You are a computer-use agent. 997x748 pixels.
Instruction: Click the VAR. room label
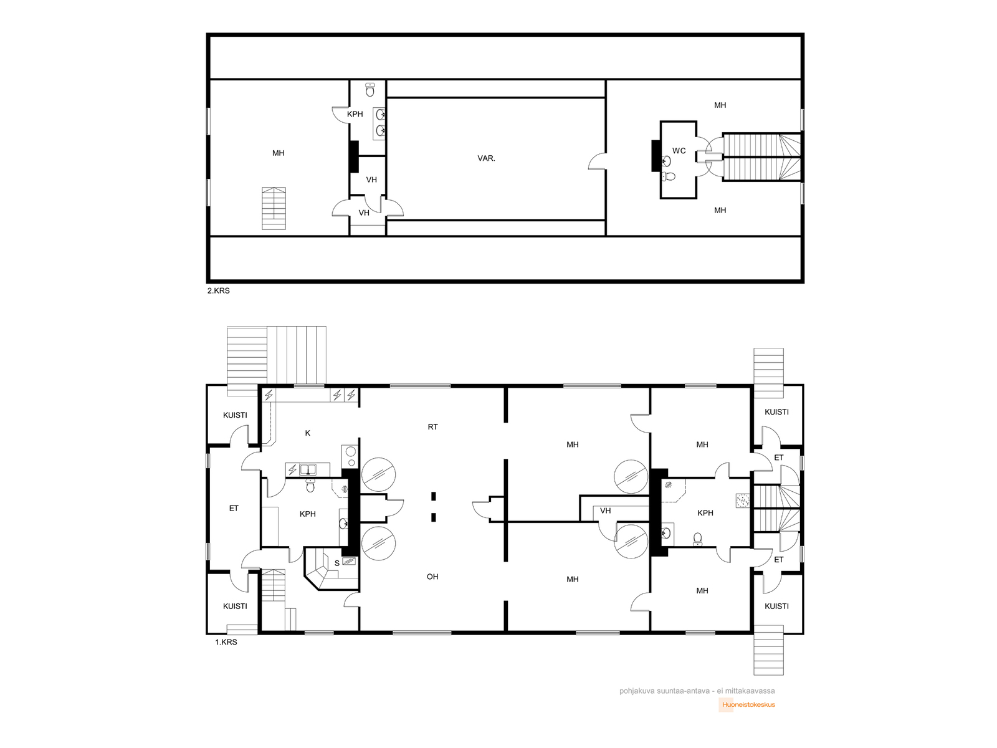(486, 158)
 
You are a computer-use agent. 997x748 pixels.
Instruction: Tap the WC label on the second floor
(679, 151)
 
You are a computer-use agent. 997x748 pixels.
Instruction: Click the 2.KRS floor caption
(219, 290)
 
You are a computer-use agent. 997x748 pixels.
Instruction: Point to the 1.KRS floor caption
(226, 642)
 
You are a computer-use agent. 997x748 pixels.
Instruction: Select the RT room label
(432, 427)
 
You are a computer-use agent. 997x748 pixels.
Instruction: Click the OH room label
(432, 577)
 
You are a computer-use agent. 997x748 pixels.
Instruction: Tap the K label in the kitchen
(307, 433)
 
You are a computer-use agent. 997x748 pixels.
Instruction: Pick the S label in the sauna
(337, 563)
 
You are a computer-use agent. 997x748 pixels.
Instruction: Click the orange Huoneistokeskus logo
(747, 705)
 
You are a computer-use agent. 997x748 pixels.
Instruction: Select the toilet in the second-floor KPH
(370, 90)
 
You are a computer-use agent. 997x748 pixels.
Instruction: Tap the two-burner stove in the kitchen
(350, 456)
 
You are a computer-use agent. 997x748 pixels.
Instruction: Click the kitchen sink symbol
(308, 469)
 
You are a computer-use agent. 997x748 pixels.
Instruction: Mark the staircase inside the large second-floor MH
(274, 208)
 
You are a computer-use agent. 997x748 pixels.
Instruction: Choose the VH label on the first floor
(605, 511)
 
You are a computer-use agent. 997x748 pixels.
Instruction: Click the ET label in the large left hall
(234, 509)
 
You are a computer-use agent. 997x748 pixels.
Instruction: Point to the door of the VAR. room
(598, 161)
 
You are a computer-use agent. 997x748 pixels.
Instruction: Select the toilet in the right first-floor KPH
(698, 539)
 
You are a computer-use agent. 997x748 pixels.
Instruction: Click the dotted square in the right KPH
(742, 501)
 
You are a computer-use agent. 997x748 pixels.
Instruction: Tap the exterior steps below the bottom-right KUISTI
(768, 650)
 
